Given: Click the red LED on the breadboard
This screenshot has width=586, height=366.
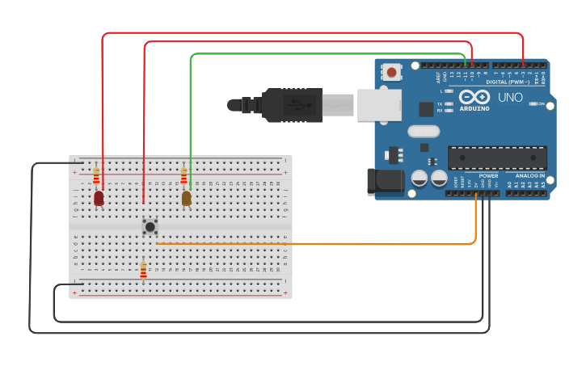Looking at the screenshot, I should [x=99, y=198].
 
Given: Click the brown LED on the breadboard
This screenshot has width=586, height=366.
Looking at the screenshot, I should [x=187, y=198].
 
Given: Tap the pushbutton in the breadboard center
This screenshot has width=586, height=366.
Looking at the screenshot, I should [x=150, y=227].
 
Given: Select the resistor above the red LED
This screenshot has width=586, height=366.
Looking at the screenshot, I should [x=96, y=175].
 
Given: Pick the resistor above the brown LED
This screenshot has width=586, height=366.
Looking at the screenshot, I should [x=184, y=175].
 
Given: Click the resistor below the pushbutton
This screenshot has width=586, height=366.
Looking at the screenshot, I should [x=143, y=270].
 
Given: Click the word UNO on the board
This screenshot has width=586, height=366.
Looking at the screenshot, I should [x=510, y=98].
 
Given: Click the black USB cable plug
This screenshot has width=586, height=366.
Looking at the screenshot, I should [x=283, y=105].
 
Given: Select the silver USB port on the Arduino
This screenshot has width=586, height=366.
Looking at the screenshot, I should [x=379, y=105].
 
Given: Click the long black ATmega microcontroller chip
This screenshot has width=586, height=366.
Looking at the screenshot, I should [x=497, y=158].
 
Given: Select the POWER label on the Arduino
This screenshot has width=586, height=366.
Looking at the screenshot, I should [x=488, y=175].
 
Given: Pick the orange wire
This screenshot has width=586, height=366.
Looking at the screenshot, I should [x=323, y=243].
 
